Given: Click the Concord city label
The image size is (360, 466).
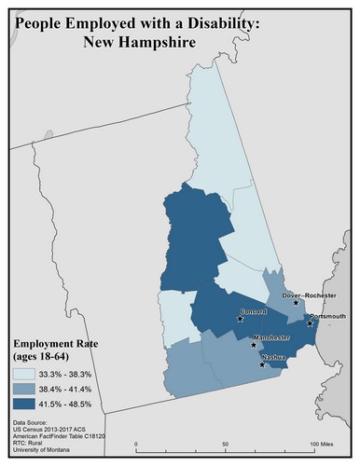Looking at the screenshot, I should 254,310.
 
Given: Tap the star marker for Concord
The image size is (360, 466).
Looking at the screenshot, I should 242,319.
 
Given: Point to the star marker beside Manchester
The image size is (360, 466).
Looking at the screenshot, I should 253,344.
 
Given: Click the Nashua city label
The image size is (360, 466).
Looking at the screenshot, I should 272,357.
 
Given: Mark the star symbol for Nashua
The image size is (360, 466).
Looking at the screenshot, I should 262,364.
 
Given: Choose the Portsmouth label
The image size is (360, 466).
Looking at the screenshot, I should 327,317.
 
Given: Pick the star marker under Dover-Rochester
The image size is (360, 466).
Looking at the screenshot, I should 297,303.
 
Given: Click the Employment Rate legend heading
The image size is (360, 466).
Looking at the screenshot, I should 56,350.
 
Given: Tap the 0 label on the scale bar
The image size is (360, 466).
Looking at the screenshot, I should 136,444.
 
